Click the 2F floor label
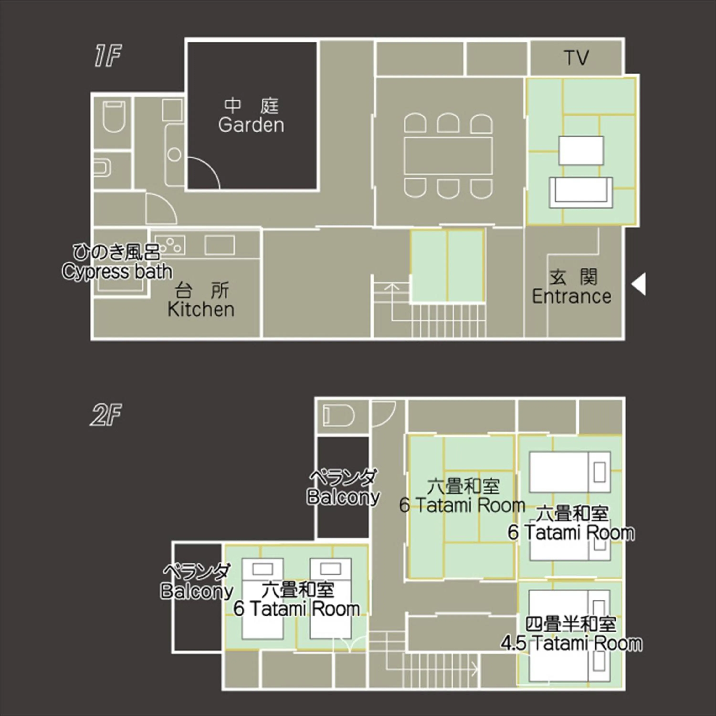click(106, 415)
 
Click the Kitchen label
click(201, 310)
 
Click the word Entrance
click(571, 296)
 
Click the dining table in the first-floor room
click(448, 156)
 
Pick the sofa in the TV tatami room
click(581, 192)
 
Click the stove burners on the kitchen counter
click(170, 245)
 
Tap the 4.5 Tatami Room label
click(571, 643)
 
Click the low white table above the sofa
click(581, 150)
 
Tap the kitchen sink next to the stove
click(219, 245)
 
